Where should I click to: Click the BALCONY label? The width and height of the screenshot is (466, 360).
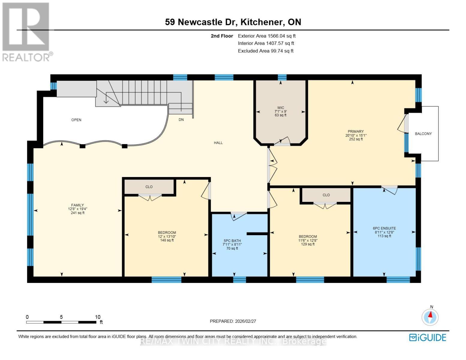[x=423, y=134]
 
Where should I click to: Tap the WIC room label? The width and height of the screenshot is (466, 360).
[x=281, y=108]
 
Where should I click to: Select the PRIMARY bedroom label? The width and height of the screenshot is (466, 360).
[x=356, y=131]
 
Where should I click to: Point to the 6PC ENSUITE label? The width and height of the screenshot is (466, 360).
[x=384, y=228]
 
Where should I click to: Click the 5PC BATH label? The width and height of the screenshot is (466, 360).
[x=232, y=241]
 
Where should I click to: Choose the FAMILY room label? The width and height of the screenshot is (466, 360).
[x=77, y=205]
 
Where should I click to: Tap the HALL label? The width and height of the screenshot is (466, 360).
[x=218, y=143]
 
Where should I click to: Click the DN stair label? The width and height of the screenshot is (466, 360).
[x=181, y=120]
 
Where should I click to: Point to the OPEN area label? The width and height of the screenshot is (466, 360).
[x=76, y=120]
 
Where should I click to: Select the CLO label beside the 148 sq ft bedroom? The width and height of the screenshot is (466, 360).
[x=149, y=187]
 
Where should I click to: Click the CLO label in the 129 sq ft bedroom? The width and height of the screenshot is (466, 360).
[x=326, y=195]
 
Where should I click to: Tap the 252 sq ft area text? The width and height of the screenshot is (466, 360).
[x=356, y=139]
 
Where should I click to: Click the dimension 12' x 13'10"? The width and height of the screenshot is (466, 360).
[x=167, y=236]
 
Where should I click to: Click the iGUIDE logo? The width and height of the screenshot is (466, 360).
[x=428, y=337]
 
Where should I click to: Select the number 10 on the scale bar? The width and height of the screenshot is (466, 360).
[x=98, y=317]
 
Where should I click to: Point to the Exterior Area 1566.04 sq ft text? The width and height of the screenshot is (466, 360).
[x=267, y=36]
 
